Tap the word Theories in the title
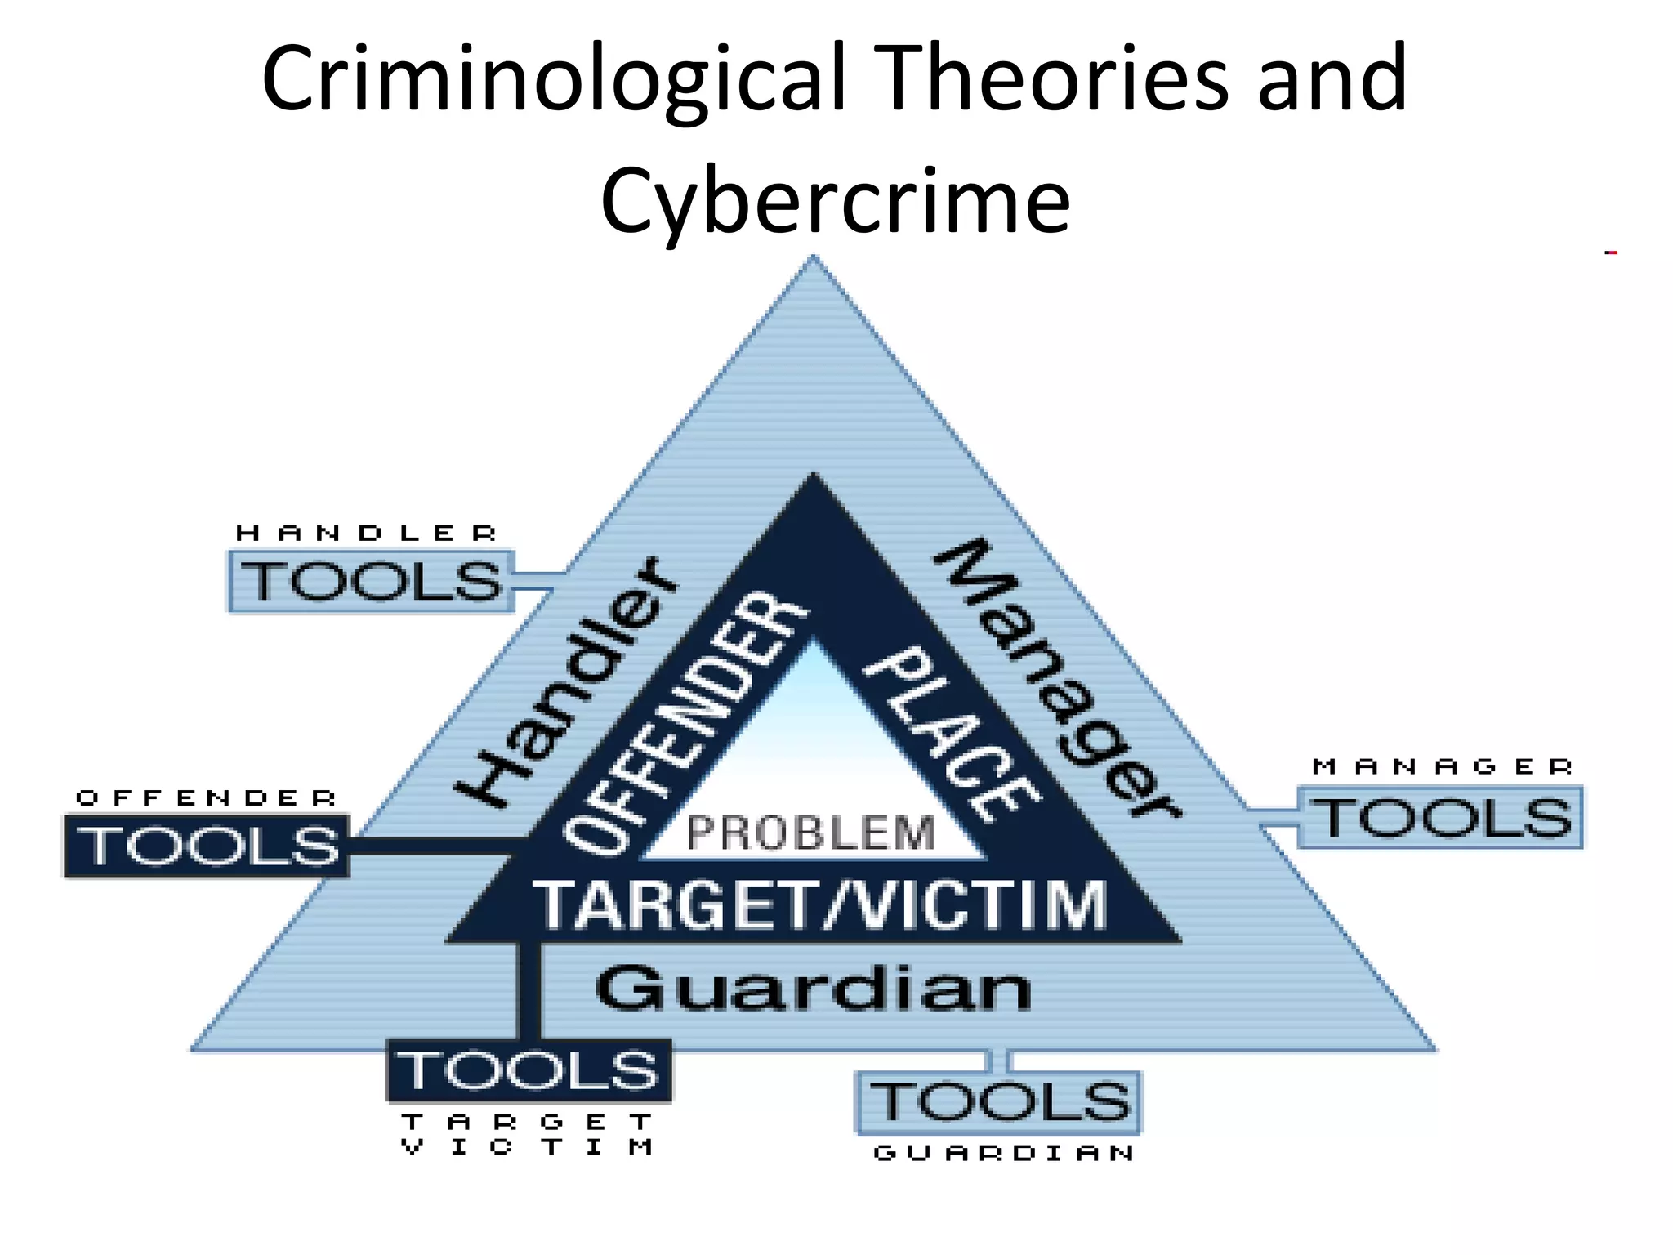pyautogui.click(x=1055, y=78)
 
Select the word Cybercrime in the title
pyautogui.click(x=835, y=201)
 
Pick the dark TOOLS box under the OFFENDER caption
pyautogui.click(x=207, y=846)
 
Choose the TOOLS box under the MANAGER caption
pyautogui.click(x=1440, y=817)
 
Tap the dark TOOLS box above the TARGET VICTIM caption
pyautogui.click(x=529, y=1070)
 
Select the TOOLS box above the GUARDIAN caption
pyautogui.click(x=998, y=1102)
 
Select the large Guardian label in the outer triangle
pyautogui.click(x=814, y=989)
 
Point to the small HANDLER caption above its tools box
pyautogui.click(x=366, y=534)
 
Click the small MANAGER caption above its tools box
pyautogui.click(x=1442, y=766)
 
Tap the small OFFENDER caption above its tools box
pyautogui.click(x=206, y=797)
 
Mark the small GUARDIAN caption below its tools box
pyautogui.click(x=1004, y=1153)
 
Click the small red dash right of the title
pyautogui.click(x=1611, y=252)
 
